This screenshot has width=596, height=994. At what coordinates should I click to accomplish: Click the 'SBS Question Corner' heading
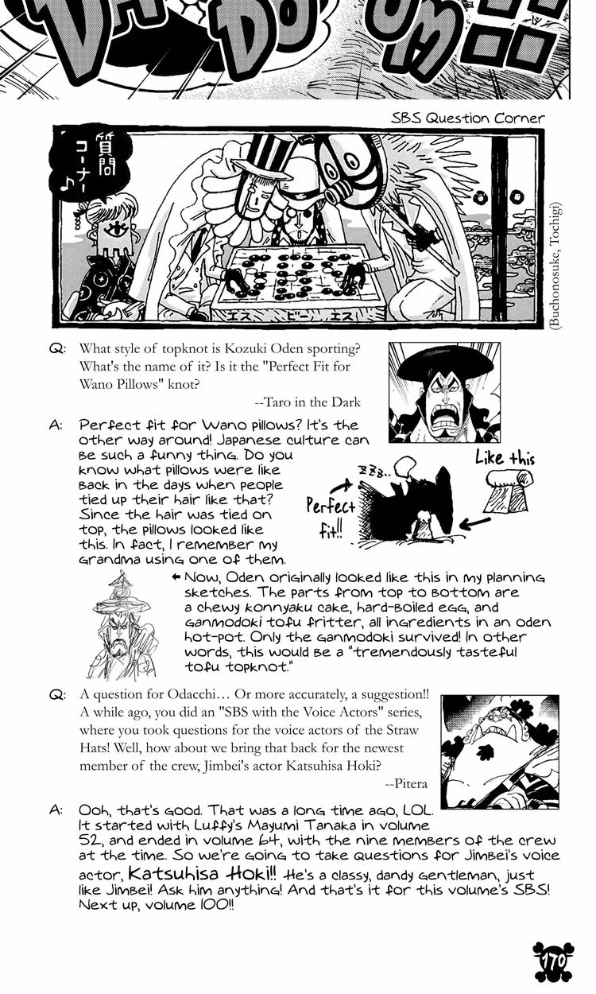coord(467,118)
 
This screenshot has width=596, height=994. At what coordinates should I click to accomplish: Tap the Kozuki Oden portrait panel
coord(443,392)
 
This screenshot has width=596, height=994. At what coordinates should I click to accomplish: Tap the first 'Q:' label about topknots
coord(58,350)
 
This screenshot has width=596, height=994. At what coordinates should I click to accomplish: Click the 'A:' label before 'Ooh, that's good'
coord(56,810)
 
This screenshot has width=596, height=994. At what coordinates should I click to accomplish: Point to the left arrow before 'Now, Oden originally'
coord(176,577)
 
